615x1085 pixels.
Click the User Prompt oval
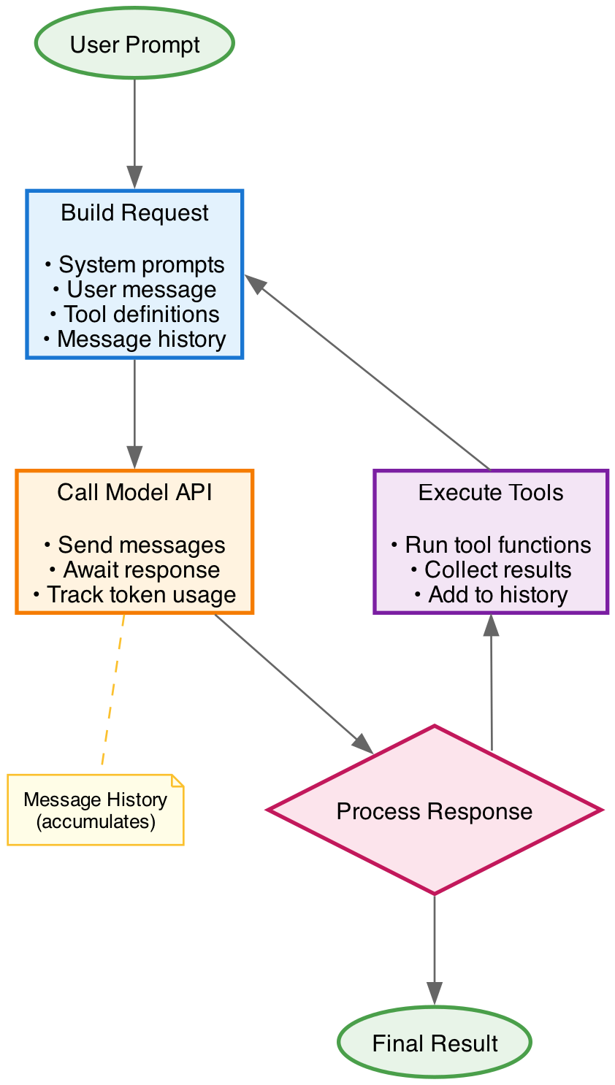click(134, 44)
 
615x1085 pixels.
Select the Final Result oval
click(435, 1043)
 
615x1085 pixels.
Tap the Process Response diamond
click(435, 811)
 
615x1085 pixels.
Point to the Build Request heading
click(134, 212)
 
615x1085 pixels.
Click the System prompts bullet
click(134, 264)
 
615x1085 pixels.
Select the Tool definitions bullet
click(134, 314)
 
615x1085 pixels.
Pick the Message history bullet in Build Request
click(134, 339)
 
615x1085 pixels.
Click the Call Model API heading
click(134, 492)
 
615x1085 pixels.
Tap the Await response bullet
click(134, 570)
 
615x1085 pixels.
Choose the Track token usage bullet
click(134, 594)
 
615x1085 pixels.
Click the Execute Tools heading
click(491, 492)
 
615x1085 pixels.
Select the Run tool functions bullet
click(491, 545)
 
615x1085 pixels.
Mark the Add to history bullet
click(491, 594)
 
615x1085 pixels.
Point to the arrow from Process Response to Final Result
click(435, 949)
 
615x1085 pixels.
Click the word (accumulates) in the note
click(96, 821)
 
